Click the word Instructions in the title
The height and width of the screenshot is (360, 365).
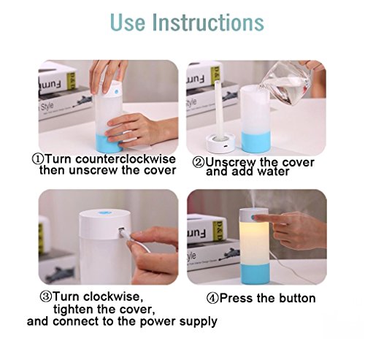coord(208,23)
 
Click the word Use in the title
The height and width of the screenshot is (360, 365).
coord(128,23)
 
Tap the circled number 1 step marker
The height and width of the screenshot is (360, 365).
coord(38,159)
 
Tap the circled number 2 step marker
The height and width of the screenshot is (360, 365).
coord(199,162)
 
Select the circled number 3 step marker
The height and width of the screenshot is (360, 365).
coord(46,296)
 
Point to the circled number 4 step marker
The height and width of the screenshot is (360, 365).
coord(212,298)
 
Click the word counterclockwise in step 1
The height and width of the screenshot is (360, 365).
coord(126,159)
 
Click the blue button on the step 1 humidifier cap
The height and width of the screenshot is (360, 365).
coord(116,92)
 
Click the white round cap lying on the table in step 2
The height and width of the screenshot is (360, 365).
coord(221,143)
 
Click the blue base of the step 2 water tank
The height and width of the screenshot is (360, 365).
coord(255,142)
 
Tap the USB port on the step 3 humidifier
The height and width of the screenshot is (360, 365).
coord(121,229)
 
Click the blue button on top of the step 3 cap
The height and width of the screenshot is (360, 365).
coord(104,213)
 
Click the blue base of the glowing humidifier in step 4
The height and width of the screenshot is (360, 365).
coord(255,274)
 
